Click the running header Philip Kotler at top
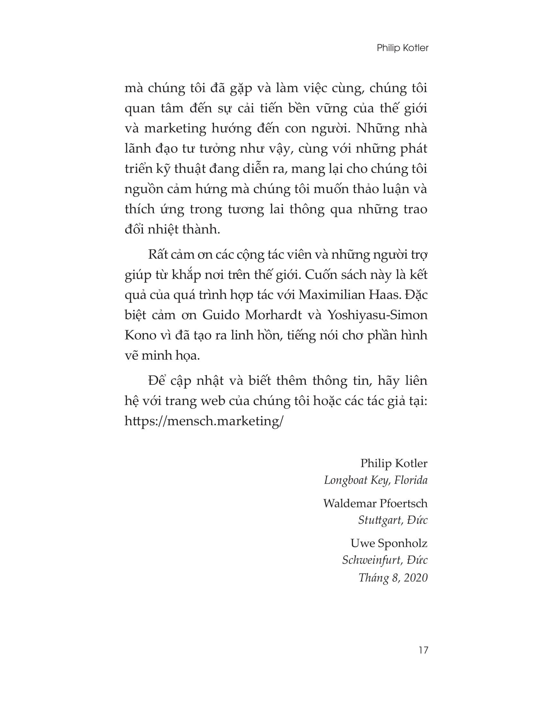click(x=402, y=48)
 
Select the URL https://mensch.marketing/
click(x=204, y=421)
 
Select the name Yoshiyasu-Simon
click(x=377, y=315)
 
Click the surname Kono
click(x=140, y=335)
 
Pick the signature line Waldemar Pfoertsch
click(x=375, y=503)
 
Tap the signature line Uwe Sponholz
click(x=389, y=543)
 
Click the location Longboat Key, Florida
click(x=375, y=480)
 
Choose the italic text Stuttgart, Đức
click(x=393, y=520)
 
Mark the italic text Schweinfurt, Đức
click(x=384, y=560)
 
